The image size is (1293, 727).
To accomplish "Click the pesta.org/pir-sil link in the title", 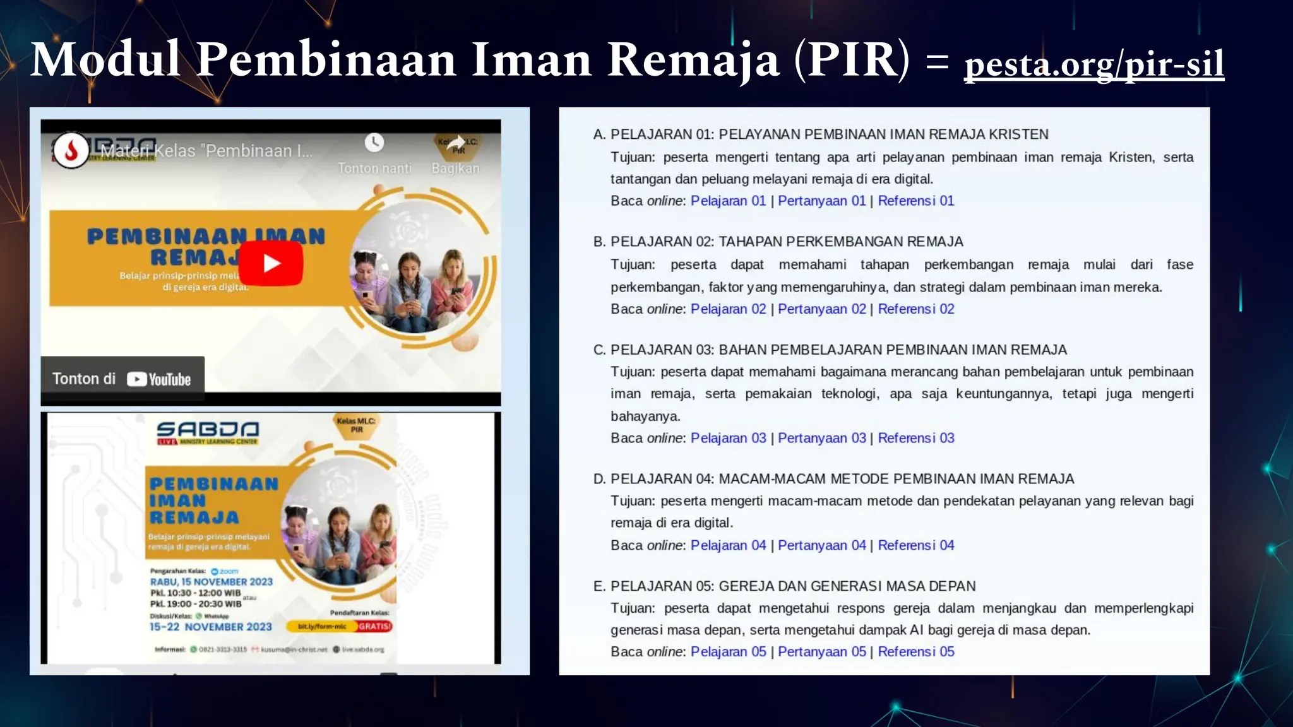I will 1093,64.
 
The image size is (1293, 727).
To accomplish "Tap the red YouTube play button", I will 271,263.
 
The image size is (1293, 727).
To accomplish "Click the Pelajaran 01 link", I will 728,201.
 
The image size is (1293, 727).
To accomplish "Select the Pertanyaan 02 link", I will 821,309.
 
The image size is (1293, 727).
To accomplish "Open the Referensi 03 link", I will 915,438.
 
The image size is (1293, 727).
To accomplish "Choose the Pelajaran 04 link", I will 728,545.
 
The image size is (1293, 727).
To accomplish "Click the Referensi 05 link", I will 915,652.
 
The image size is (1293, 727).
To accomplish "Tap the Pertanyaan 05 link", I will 821,652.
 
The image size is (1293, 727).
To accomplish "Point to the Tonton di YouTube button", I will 122,379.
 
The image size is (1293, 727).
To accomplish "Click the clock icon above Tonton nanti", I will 374,143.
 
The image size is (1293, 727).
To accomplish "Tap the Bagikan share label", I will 455,168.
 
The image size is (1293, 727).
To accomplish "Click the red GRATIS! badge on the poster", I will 375,627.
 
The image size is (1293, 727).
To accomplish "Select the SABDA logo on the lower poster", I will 208,431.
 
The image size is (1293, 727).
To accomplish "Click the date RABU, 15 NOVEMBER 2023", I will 211,582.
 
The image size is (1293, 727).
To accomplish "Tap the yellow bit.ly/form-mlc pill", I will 322,627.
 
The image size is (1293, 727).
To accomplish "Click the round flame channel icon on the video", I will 71,150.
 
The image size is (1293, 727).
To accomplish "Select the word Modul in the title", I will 105,60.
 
